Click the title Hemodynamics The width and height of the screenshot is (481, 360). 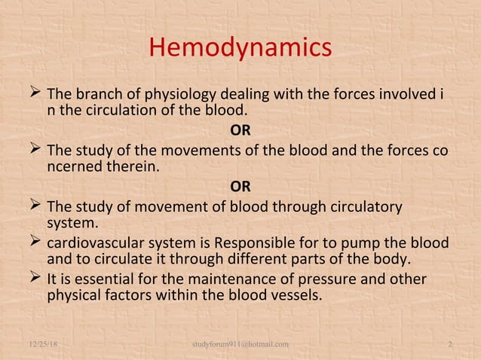coord(240,48)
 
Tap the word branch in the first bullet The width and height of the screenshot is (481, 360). coord(97,96)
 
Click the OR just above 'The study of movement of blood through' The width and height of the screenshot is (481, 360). coord(240,186)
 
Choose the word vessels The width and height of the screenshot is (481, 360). coord(296,296)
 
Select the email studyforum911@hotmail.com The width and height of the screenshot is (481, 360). coord(240,344)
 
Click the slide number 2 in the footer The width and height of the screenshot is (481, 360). coord(449,344)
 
